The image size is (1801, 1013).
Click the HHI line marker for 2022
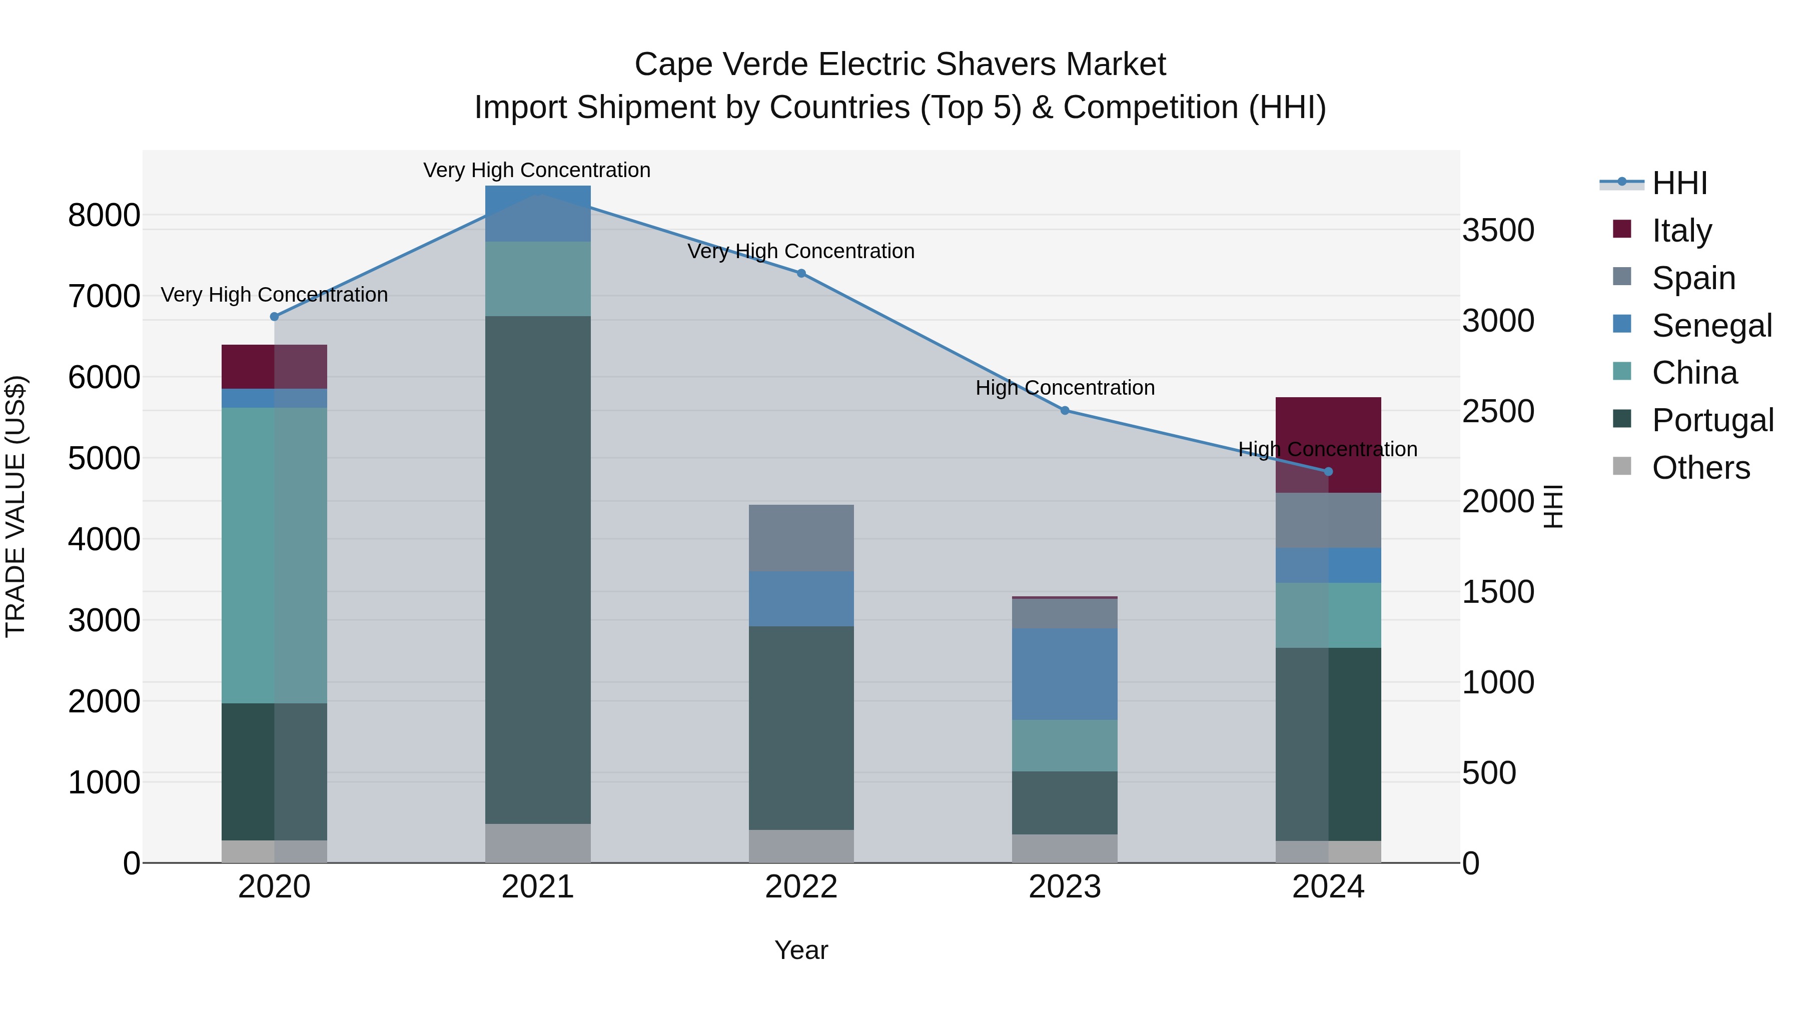point(801,273)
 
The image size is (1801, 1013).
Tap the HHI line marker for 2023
point(1065,410)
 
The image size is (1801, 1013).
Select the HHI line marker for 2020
point(274,317)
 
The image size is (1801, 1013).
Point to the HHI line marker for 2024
point(1328,472)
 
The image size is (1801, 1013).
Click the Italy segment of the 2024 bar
point(1355,433)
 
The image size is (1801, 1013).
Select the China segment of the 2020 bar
point(274,555)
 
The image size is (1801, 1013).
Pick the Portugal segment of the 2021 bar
point(538,570)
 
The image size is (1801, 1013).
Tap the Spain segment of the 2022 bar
point(801,538)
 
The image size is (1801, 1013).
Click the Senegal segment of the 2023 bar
point(1065,674)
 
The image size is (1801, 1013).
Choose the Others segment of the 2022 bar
point(801,846)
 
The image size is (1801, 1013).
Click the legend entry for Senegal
point(1711,326)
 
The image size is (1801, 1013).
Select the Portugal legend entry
point(1712,421)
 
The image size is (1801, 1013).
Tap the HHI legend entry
point(1679,183)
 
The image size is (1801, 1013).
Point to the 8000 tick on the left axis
point(104,215)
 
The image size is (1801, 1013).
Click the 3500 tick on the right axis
point(1498,231)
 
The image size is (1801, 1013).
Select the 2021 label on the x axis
point(538,887)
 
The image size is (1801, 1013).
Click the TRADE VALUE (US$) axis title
point(16,506)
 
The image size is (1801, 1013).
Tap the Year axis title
point(801,950)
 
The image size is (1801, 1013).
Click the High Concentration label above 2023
point(1065,388)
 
